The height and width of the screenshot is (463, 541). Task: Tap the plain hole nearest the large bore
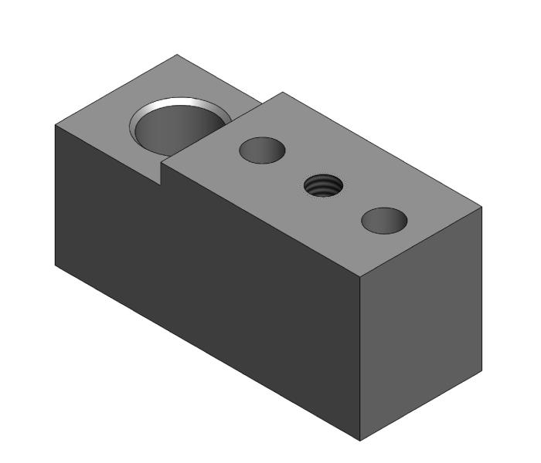(x=262, y=150)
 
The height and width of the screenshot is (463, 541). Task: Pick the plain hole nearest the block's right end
(x=384, y=221)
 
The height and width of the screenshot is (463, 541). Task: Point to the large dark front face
(x=201, y=270)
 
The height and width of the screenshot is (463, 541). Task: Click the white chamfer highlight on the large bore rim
(x=185, y=103)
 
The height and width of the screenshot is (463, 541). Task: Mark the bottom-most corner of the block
(x=361, y=441)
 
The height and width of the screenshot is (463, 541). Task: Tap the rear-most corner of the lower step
(x=178, y=55)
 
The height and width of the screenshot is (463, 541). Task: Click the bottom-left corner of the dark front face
(x=55, y=265)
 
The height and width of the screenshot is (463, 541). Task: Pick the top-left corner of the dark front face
(x=55, y=125)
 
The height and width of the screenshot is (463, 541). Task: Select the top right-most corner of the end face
(x=482, y=207)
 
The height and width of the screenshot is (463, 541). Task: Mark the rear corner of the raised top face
(x=283, y=93)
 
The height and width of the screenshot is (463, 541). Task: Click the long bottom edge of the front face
(x=209, y=353)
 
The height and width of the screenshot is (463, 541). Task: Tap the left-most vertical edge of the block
(x=55, y=193)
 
